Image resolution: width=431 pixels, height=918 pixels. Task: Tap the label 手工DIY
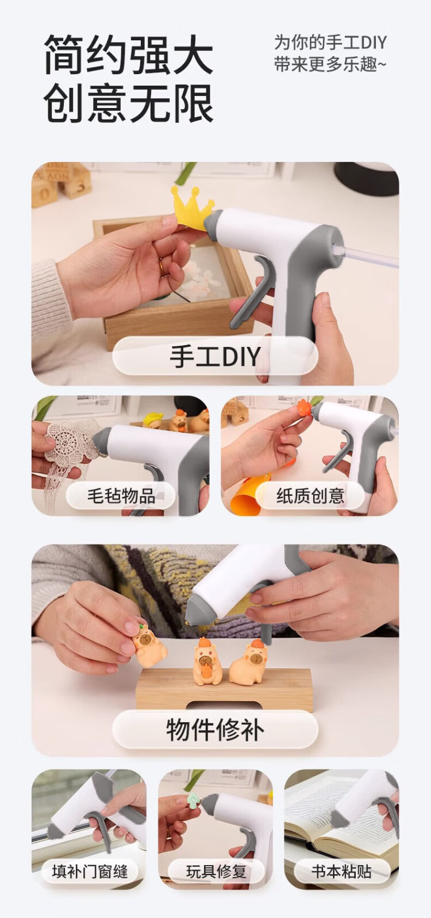[215, 356]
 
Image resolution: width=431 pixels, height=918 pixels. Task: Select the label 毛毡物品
[121, 496]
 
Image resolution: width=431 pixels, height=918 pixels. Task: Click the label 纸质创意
[310, 496]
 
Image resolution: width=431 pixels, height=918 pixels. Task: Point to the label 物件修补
[215, 729]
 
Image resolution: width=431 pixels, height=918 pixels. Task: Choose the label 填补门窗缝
[90, 871]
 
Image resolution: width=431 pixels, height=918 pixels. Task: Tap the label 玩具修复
[215, 871]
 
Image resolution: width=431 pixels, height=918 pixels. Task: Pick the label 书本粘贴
[341, 871]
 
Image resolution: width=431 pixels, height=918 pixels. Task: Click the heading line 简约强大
[128, 55]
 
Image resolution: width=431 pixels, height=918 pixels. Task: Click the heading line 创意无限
[128, 103]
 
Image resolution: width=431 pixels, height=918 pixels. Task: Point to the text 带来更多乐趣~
[330, 65]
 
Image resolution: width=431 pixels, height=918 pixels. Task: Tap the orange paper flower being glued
[304, 407]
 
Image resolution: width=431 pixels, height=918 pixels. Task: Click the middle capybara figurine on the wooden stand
[207, 660]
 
